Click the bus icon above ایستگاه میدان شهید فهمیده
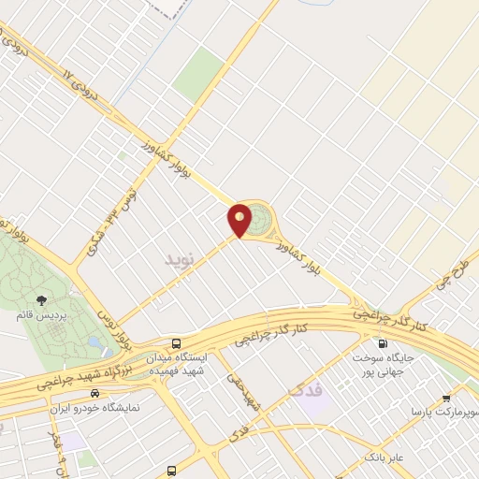[178, 343]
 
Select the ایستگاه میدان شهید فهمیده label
[179, 364]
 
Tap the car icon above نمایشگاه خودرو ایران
[96, 394]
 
